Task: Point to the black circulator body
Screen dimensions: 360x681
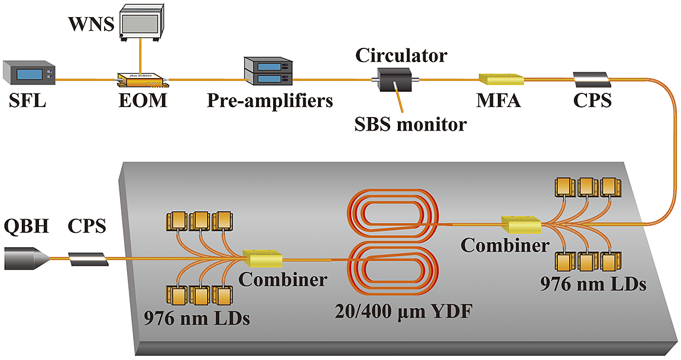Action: [x=391, y=79]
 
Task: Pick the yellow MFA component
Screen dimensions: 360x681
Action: [x=500, y=79]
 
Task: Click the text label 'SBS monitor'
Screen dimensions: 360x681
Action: [x=410, y=124]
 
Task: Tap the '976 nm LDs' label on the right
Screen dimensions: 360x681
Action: [x=593, y=284]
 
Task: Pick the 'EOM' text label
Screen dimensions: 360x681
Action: [x=141, y=101]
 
